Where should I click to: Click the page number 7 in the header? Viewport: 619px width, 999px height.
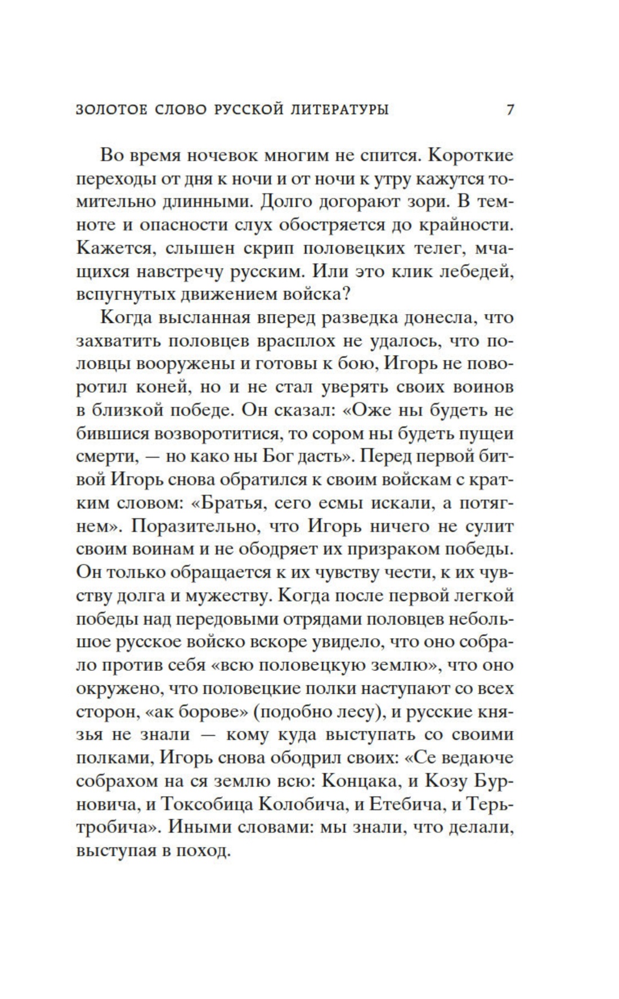click(x=510, y=109)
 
